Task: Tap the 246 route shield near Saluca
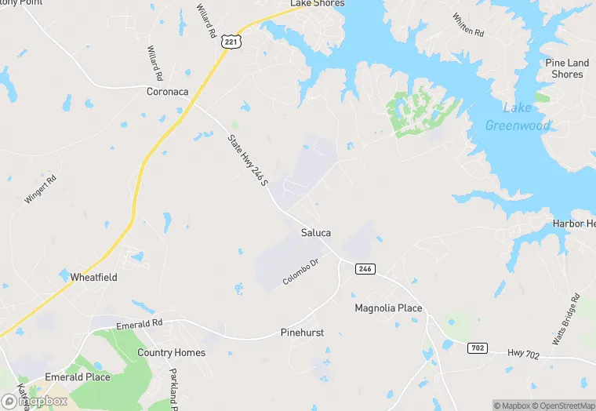(365, 269)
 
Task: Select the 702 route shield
(476, 347)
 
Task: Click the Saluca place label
(316, 233)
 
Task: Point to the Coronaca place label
(168, 92)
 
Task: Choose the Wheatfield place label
(94, 278)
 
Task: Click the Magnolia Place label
(388, 308)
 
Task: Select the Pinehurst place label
(302, 333)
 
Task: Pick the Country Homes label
(171, 353)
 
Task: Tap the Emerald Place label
(77, 377)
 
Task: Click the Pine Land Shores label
(567, 68)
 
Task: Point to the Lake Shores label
(317, 4)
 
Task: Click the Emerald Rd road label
(139, 323)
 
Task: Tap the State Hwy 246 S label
(248, 162)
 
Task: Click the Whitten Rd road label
(468, 24)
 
